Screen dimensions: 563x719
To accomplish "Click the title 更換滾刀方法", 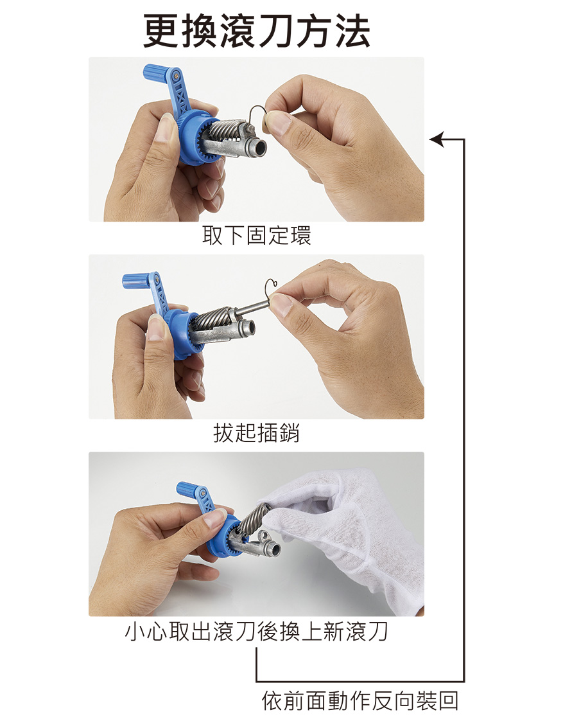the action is [257, 31].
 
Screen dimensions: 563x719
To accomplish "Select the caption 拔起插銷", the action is [257, 433].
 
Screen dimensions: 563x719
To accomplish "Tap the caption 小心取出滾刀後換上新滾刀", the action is [257, 632].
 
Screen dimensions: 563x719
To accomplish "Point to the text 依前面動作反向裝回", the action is [360, 701].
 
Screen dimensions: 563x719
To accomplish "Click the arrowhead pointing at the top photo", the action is [437, 139].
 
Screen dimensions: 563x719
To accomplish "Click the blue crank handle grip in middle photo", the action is [135, 281].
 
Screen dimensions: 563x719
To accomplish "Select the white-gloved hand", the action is [348, 537].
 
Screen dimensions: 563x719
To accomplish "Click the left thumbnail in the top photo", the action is [164, 127].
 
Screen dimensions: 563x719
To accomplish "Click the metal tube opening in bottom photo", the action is [273, 549].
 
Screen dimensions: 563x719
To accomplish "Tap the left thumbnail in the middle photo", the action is [157, 328].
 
